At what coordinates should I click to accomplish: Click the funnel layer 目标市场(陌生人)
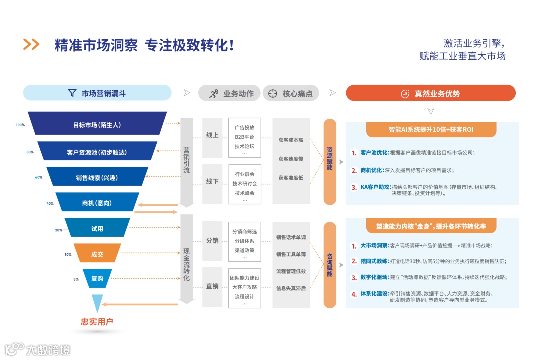[x=97, y=125]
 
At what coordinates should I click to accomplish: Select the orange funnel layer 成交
[x=97, y=254]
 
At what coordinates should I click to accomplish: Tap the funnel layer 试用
[x=97, y=229]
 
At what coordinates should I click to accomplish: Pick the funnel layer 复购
[x=97, y=278]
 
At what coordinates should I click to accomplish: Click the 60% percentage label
[x=39, y=177]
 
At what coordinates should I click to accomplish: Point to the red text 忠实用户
[x=97, y=322]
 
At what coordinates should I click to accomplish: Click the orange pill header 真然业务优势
[x=430, y=93]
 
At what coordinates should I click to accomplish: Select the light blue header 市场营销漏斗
[x=97, y=93]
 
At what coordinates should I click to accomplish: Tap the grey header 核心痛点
[x=291, y=93]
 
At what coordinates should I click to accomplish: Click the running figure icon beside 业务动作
[x=214, y=93]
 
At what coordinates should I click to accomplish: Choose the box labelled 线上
[x=212, y=135]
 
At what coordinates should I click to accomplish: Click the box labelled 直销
[x=212, y=286]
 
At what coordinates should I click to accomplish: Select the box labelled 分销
[x=212, y=240]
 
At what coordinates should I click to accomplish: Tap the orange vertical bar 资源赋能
[x=329, y=161]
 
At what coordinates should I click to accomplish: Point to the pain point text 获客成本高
[x=291, y=140]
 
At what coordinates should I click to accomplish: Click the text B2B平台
[x=244, y=137]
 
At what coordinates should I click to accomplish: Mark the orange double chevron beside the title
[x=31, y=45]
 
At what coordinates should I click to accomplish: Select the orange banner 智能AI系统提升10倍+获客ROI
[x=431, y=129]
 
